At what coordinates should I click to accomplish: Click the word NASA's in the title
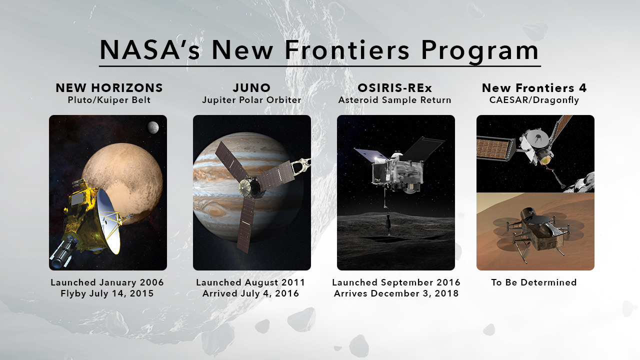(149, 50)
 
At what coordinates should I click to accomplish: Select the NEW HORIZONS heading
(109, 88)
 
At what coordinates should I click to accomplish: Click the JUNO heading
(251, 88)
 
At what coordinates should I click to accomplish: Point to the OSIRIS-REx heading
(395, 88)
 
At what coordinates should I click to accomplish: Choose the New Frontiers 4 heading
(534, 88)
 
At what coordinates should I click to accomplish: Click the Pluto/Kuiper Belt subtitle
(109, 100)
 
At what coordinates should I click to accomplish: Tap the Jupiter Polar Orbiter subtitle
(251, 100)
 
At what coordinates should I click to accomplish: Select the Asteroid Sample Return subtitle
(395, 100)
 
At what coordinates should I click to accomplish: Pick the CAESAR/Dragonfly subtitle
(534, 100)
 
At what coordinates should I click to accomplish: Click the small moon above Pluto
(153, 127)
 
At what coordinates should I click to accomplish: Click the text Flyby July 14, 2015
(107, 293)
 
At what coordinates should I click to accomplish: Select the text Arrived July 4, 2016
(251, 293)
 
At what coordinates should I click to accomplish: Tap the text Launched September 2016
(396, 282)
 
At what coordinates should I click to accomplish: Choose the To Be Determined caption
(534, 282)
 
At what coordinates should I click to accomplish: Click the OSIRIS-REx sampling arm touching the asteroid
(387, 211)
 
